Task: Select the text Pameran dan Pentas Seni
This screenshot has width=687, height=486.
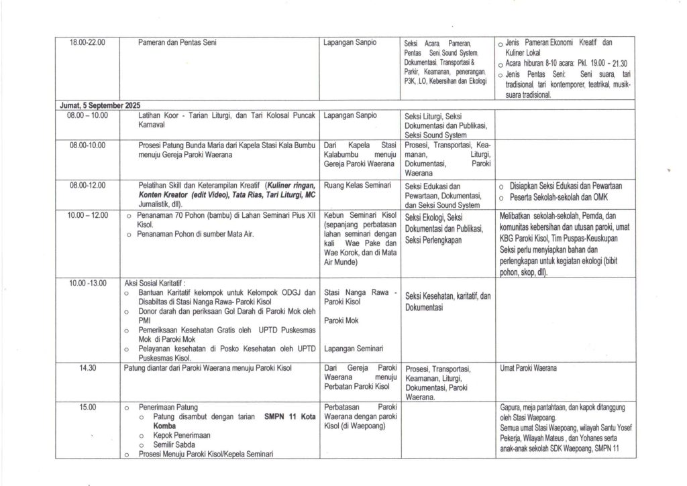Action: tap(177, 43)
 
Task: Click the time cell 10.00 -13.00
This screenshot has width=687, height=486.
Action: tap(87, 284)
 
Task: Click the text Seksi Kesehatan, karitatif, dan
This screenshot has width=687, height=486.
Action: tap(448, 296)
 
